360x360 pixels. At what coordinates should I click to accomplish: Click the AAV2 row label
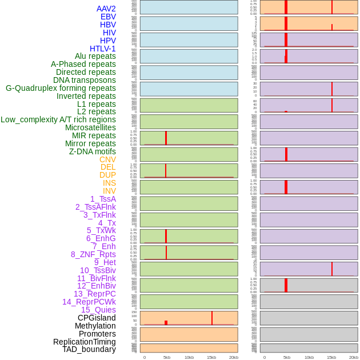coord(106,9)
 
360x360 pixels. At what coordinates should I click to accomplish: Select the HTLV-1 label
coord(102,49)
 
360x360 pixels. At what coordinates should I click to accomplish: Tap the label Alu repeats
coord(95,56)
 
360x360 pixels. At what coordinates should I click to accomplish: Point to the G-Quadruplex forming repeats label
coord(61,88)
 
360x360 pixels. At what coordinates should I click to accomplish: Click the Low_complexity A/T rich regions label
coord(58,119)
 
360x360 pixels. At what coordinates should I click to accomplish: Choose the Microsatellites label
coord(90,127)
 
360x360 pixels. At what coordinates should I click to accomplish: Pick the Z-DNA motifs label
coord(92,151)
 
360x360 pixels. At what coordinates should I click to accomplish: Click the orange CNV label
coord(107,159)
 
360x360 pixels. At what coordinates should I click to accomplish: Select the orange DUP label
coord(107,175)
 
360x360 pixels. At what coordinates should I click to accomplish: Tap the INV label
coord(109,191)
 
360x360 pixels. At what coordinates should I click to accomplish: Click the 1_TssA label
coord(103,199)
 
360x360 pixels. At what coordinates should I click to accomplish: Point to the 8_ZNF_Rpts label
coord(93,254)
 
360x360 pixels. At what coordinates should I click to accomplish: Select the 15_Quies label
coord(98,310)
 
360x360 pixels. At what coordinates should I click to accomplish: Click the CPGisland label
coord(97,318)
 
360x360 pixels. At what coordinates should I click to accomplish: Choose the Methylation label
coord(95,326)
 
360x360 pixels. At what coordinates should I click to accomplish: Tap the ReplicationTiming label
coord(85,342)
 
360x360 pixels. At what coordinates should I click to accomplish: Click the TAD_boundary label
coord(89,349)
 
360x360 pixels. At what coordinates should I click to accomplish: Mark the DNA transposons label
coord(85,80)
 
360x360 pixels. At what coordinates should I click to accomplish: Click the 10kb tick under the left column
coord(189,357)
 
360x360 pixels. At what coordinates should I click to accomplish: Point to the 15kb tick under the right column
coord(331,357)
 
